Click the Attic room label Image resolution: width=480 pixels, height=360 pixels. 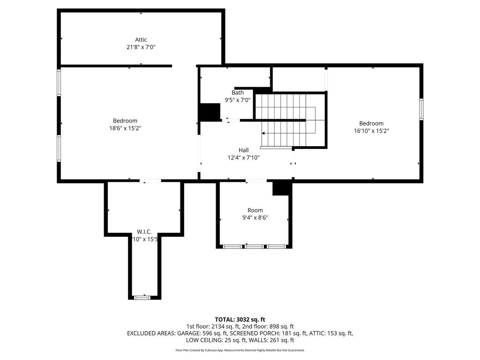point(141,40)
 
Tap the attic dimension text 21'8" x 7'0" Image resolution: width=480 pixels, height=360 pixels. point(141,47)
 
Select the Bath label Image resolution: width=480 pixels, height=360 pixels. point(238,93)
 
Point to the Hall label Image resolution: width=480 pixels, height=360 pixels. point(243,150)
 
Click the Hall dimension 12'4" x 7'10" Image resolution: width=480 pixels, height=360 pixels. point(243,158)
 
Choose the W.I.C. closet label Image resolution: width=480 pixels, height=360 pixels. point(144,232)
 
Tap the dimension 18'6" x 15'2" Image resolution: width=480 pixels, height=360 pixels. point(125,128)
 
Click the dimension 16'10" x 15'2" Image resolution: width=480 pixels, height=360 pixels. point(372,131)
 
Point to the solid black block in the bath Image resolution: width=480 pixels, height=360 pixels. point(210,112)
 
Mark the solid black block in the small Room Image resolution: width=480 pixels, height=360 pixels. point(282,188)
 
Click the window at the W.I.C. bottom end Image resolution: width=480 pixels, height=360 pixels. point(141,297)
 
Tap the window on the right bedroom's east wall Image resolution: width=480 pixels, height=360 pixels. point(421,109)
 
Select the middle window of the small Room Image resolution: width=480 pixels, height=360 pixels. point(254,246)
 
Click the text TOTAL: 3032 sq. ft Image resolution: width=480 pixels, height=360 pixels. point(240,320)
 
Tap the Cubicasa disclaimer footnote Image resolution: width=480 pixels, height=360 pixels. point(240,350)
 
